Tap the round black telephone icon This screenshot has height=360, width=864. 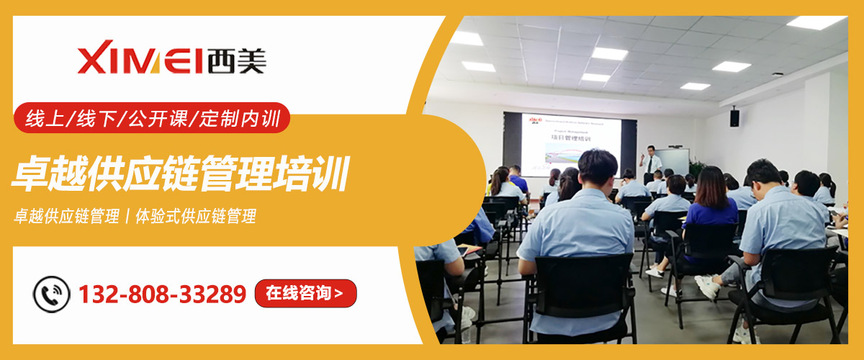click(51, 294)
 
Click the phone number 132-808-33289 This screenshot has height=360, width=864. click(162, 294)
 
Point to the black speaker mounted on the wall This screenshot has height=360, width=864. click(734, 117)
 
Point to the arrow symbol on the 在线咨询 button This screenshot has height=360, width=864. click(339, 294)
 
